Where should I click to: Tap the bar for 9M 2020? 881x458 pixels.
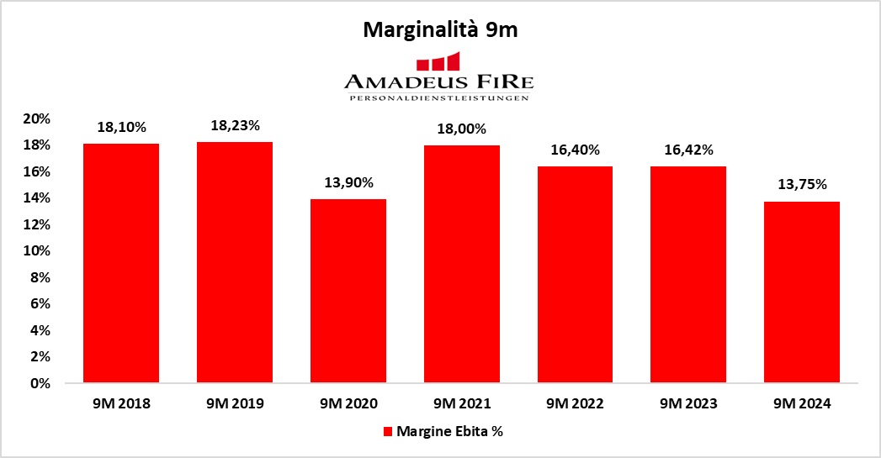pos(348,291)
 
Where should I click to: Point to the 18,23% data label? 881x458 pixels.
pos(235,125)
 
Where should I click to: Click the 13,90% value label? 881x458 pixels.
pos(348,182)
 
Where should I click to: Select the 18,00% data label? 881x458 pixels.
pos(462,129)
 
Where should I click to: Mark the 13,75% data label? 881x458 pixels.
pos(801,185)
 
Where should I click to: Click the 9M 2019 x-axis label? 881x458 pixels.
pos(235,404)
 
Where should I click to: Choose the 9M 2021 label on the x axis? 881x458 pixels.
pos(462,404)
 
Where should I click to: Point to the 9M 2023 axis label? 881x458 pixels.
pos(688,404)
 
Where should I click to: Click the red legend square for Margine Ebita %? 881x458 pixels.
pos(389,432)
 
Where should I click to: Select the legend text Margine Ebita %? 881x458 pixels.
pos(450,432)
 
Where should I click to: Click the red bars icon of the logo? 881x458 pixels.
pos(438,61)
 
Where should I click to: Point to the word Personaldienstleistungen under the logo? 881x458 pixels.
pos(438,98)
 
